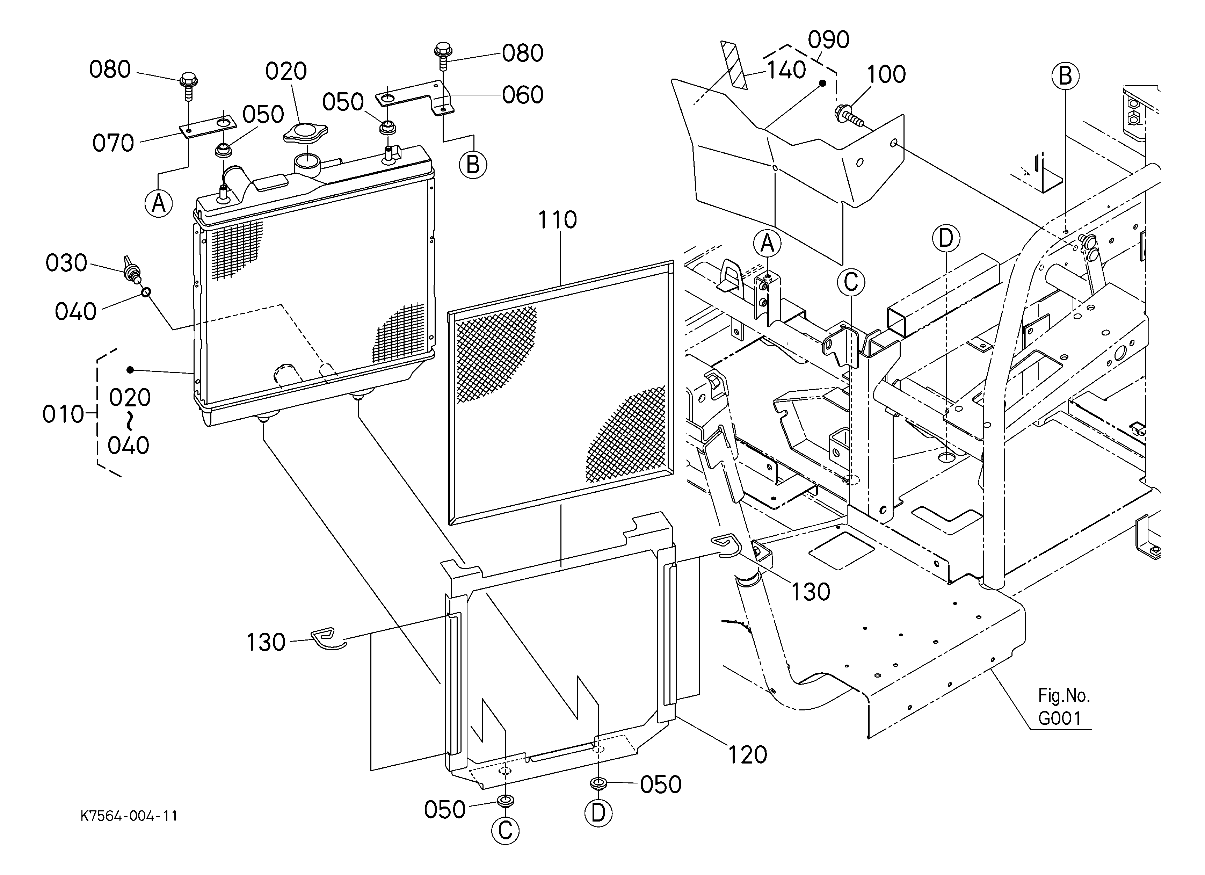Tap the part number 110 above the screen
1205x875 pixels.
[x=557, y=219]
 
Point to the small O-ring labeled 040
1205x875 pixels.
[x=146, y=292]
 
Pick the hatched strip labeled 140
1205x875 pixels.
[x=734, y=65]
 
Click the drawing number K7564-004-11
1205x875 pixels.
[x=129, y=816]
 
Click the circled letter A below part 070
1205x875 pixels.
[x=158, y=203]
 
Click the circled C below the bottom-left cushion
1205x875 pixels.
[x=505, y=830]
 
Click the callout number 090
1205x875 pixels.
[x=829, y=40]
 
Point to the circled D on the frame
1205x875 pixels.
[x=946, y=239]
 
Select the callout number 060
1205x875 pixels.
[x=523, y=95]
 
